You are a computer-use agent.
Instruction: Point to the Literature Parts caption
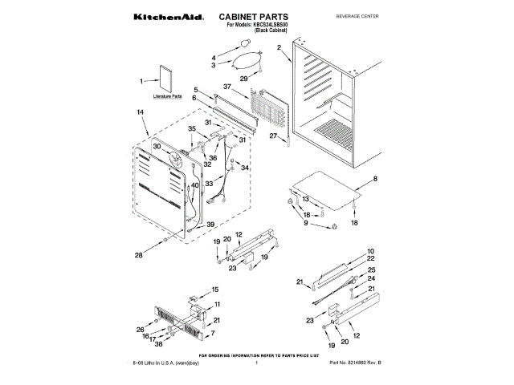click(x=168, y=96)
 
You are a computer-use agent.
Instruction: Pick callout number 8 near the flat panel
click(x=373, y=178)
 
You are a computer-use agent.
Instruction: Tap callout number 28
click(x=138, y=256)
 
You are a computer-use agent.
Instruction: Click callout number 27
click(x=272, y=136)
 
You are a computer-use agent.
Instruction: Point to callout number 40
click(x=194, y=186)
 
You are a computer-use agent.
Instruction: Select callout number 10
click(x=371, y=251)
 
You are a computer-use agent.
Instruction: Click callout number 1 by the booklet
click(x=142, y=80)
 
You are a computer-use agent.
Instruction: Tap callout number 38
click(x=159, y=343)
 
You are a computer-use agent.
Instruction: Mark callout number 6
click(x=194, y=98)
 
